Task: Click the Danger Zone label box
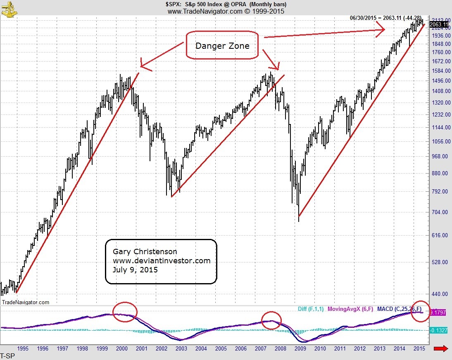[222, 45]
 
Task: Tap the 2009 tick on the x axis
[300, 348]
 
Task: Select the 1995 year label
[23, 348]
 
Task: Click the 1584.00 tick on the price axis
[440, 71]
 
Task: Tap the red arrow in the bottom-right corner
[441, 349]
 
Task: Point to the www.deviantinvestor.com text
[161, 261]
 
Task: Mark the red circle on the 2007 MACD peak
[271, 320]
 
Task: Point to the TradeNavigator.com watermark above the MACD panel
[26, 302]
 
